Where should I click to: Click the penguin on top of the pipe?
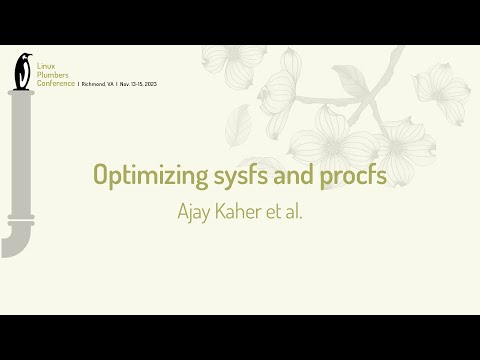tap(21, 70)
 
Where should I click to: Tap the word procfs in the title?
tap(351, 175)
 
